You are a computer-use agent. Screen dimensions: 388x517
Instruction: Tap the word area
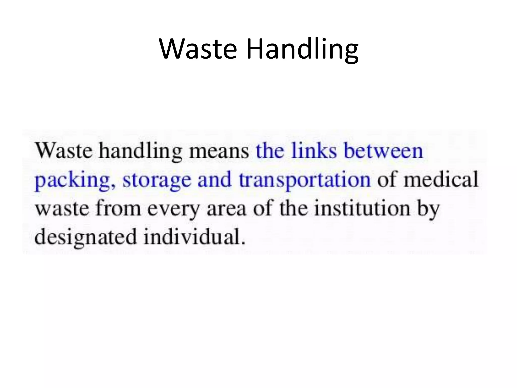click(226, 209)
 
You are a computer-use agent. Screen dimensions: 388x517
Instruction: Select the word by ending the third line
click(428, 209)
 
